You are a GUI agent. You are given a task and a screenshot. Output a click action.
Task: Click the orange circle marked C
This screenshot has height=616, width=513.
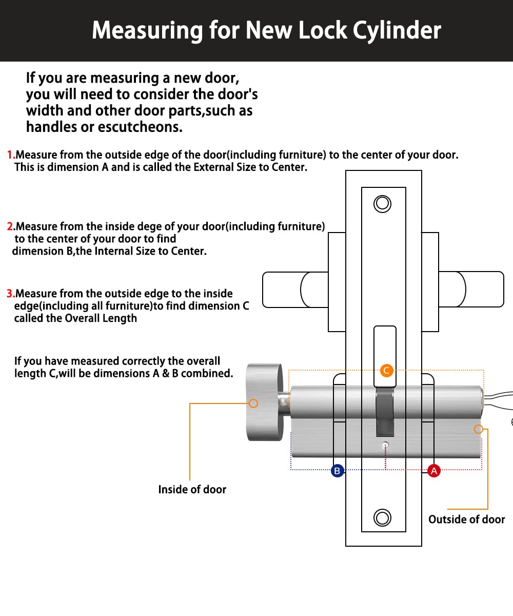coord(387,370)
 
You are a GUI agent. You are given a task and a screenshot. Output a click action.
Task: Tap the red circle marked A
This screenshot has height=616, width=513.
coord(434,470)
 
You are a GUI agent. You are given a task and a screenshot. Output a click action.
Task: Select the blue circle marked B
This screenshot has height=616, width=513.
coord(337,470)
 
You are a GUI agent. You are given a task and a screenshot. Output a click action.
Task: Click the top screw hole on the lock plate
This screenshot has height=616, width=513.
coord(383,204)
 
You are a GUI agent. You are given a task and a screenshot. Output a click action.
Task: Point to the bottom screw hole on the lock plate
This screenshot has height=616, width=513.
coord(383,517)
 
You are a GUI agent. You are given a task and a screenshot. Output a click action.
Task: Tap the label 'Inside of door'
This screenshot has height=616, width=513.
coord(192,490)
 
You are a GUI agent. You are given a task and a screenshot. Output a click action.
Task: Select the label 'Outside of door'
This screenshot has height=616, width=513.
coord(466,519)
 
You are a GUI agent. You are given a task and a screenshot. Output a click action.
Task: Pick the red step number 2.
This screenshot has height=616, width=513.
coord(10,226)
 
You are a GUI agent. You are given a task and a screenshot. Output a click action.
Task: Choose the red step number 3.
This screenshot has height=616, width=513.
coord(10,294)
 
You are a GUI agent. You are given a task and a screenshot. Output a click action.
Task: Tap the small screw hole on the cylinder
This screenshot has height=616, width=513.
coord(386,445)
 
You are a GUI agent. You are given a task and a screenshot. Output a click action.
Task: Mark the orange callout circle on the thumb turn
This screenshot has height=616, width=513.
coord(253,403)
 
